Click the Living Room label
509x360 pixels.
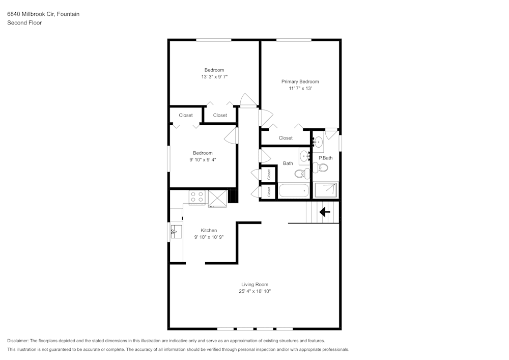(x=254, y=284)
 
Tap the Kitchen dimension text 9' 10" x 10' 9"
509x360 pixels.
(x=209, y=237)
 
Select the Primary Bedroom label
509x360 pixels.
(x=300, y=81)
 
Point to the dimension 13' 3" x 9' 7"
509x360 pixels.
(x=214, y=77)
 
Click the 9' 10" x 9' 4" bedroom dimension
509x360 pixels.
(x=203, y=159)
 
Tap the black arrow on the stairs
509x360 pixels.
(x=324, y=211)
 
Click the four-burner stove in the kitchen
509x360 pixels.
(x=197, y=197)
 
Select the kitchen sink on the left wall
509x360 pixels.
(x=175, y=232)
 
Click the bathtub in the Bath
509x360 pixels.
(x=294, y=191)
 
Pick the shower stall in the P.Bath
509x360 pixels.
(x=326, y=190)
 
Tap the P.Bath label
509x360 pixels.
(x=325, y=158)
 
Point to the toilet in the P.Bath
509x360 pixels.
(x=323, y=167)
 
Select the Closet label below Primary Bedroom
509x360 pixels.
(x=286, y=138)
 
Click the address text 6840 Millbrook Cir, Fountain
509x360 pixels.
(x=43, y=14)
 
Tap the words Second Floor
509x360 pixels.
(x=24, y=23)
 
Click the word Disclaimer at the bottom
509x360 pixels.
(x=18, y=341)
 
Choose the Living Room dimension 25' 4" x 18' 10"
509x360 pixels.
(x=254, y=291)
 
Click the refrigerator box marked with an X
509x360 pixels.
(x=217, y=198)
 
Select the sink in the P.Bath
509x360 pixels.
(x=318, y=142)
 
